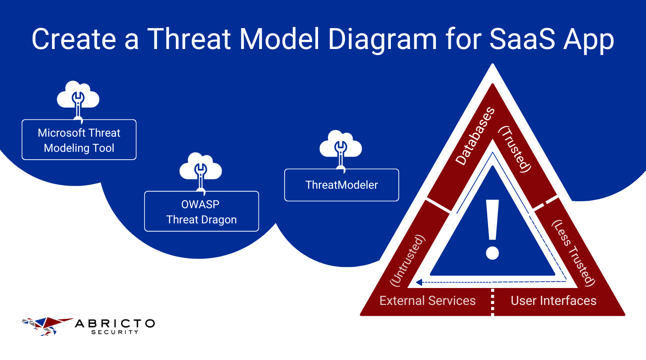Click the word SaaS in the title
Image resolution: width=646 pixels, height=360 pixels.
pos(522,39)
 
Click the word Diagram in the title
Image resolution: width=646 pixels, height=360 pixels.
pos(382,40)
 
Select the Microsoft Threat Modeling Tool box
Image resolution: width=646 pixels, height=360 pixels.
pos(79,140)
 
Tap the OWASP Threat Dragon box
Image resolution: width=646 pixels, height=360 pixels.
pos(201,212)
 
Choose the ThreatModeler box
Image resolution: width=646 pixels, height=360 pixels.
pos(341,185)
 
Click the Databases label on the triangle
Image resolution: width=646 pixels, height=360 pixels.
pos(475,136)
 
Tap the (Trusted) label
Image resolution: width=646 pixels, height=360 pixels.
pos(515,149)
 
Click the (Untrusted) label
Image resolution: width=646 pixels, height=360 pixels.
pos(408,260)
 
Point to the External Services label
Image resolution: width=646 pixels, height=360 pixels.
pos(427,301)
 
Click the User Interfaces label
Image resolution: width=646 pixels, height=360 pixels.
pos(553,301)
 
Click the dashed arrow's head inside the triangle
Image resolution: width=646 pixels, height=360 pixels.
pos(419,282)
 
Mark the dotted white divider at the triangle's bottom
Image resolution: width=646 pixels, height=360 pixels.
pos(492,302)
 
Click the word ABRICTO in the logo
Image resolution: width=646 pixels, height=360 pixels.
pos(115,324)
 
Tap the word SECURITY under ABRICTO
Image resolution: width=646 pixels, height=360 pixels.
pos(115,332)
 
